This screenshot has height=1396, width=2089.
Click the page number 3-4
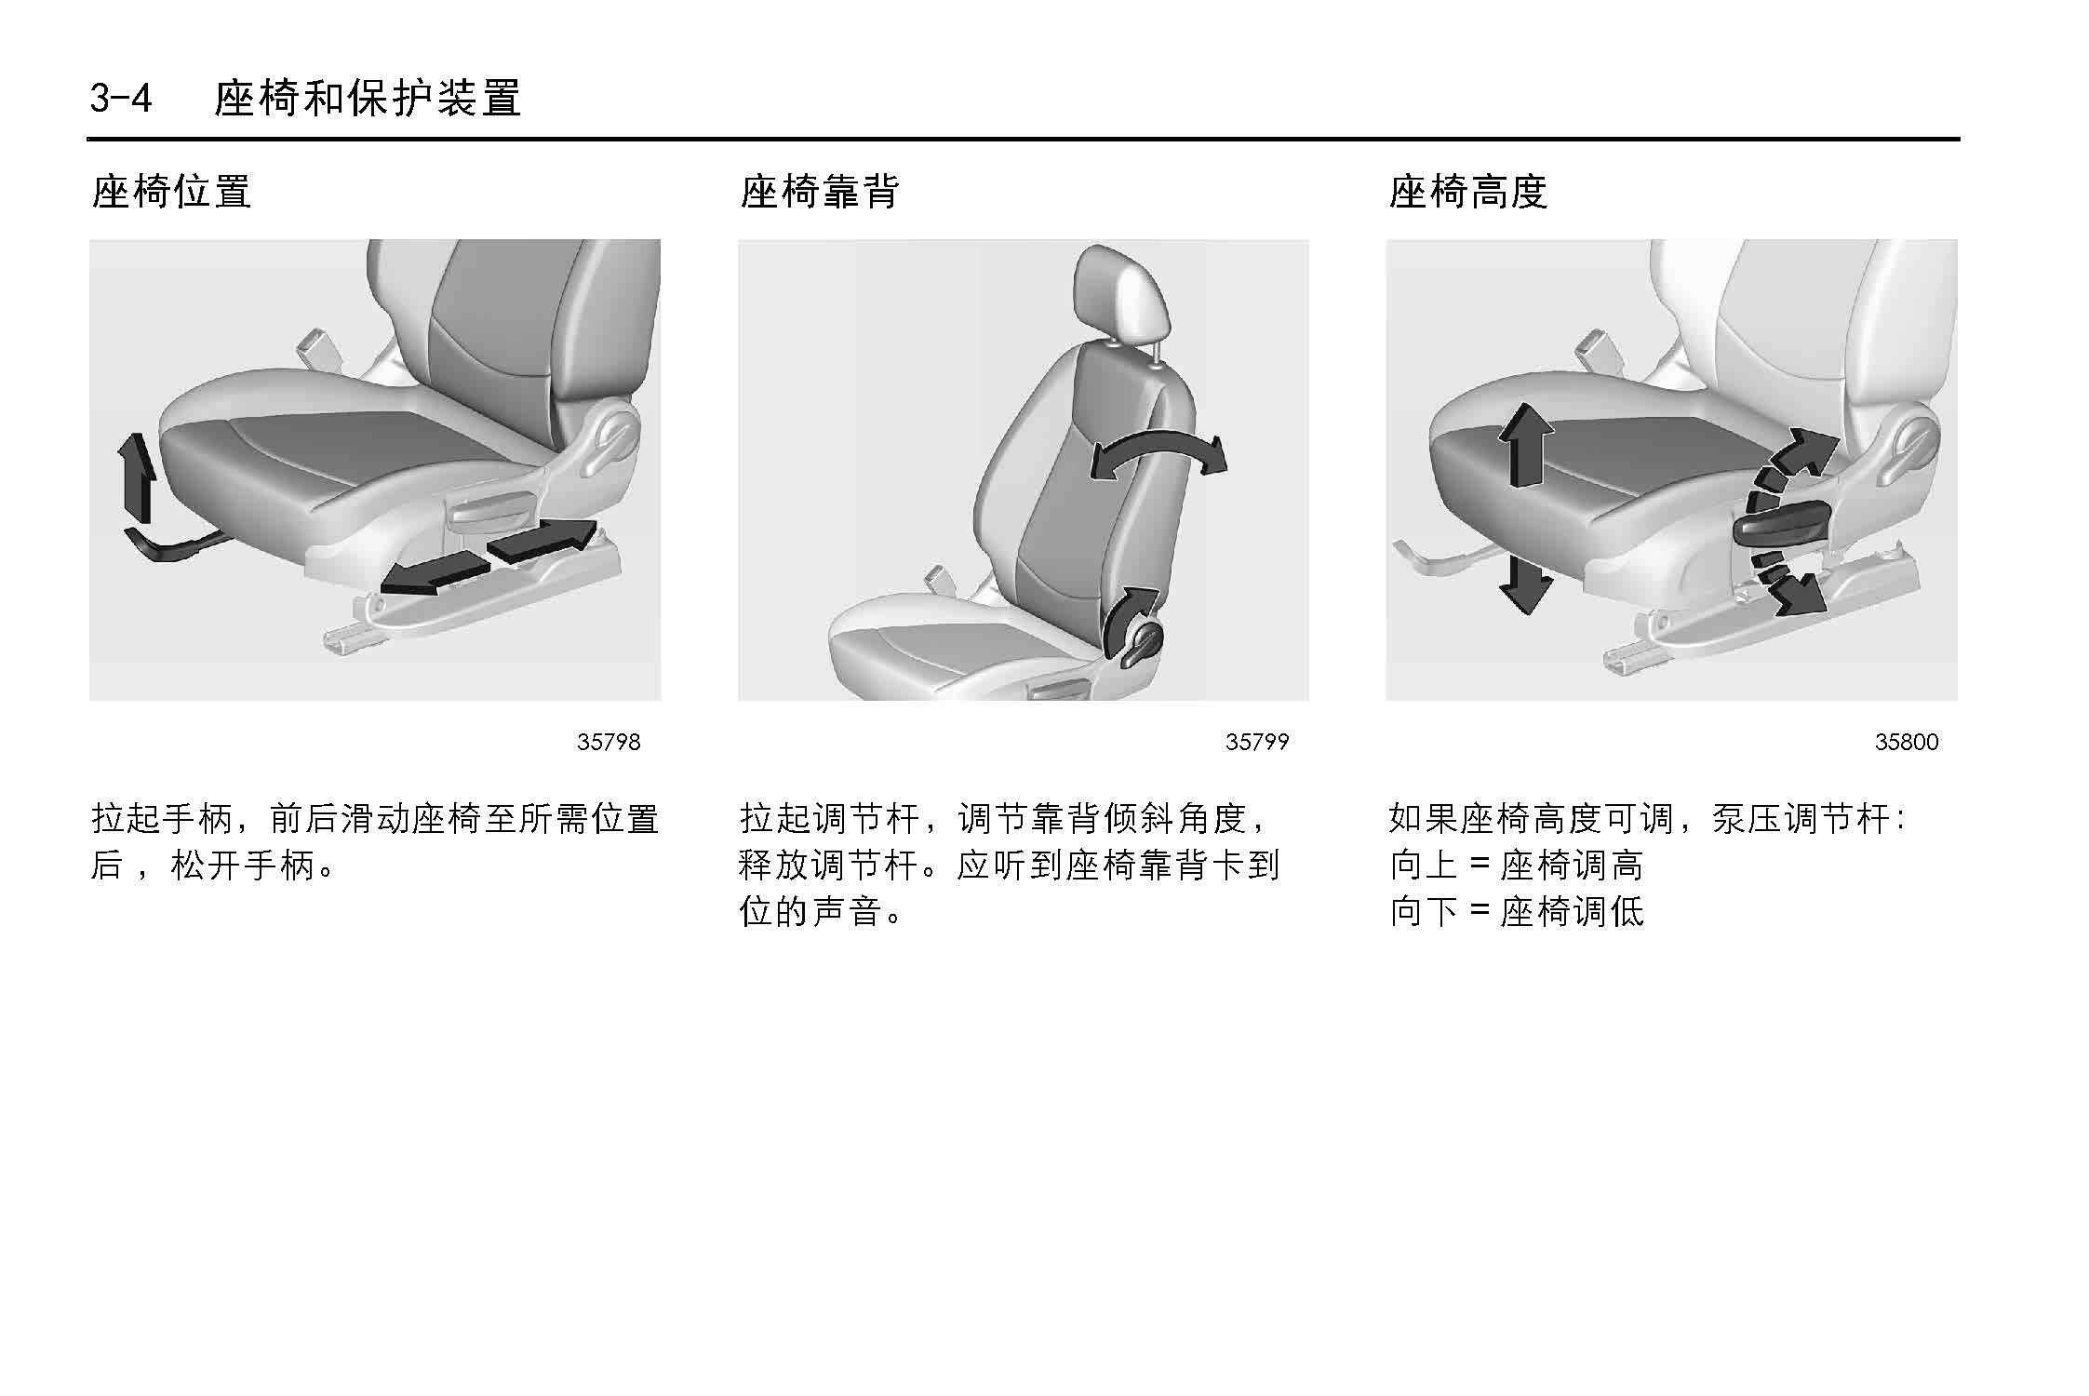tap(121, 98)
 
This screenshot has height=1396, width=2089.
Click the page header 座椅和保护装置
tap(368, 98)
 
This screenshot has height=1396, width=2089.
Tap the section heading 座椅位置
tap(171, 192)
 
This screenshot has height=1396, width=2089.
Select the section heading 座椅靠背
tap(820, 192)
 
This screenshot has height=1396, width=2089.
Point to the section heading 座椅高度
tap(1467, 192)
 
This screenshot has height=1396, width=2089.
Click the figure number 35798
tap(609, 742)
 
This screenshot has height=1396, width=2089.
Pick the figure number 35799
tap(1257, 742)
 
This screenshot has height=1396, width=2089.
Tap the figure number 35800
tap(1907, 742)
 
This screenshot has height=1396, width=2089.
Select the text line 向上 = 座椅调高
tap(1516, 866)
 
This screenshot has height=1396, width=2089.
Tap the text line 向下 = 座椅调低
tap(1516, 911)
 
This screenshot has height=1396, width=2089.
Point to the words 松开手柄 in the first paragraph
tap(244, 866)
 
